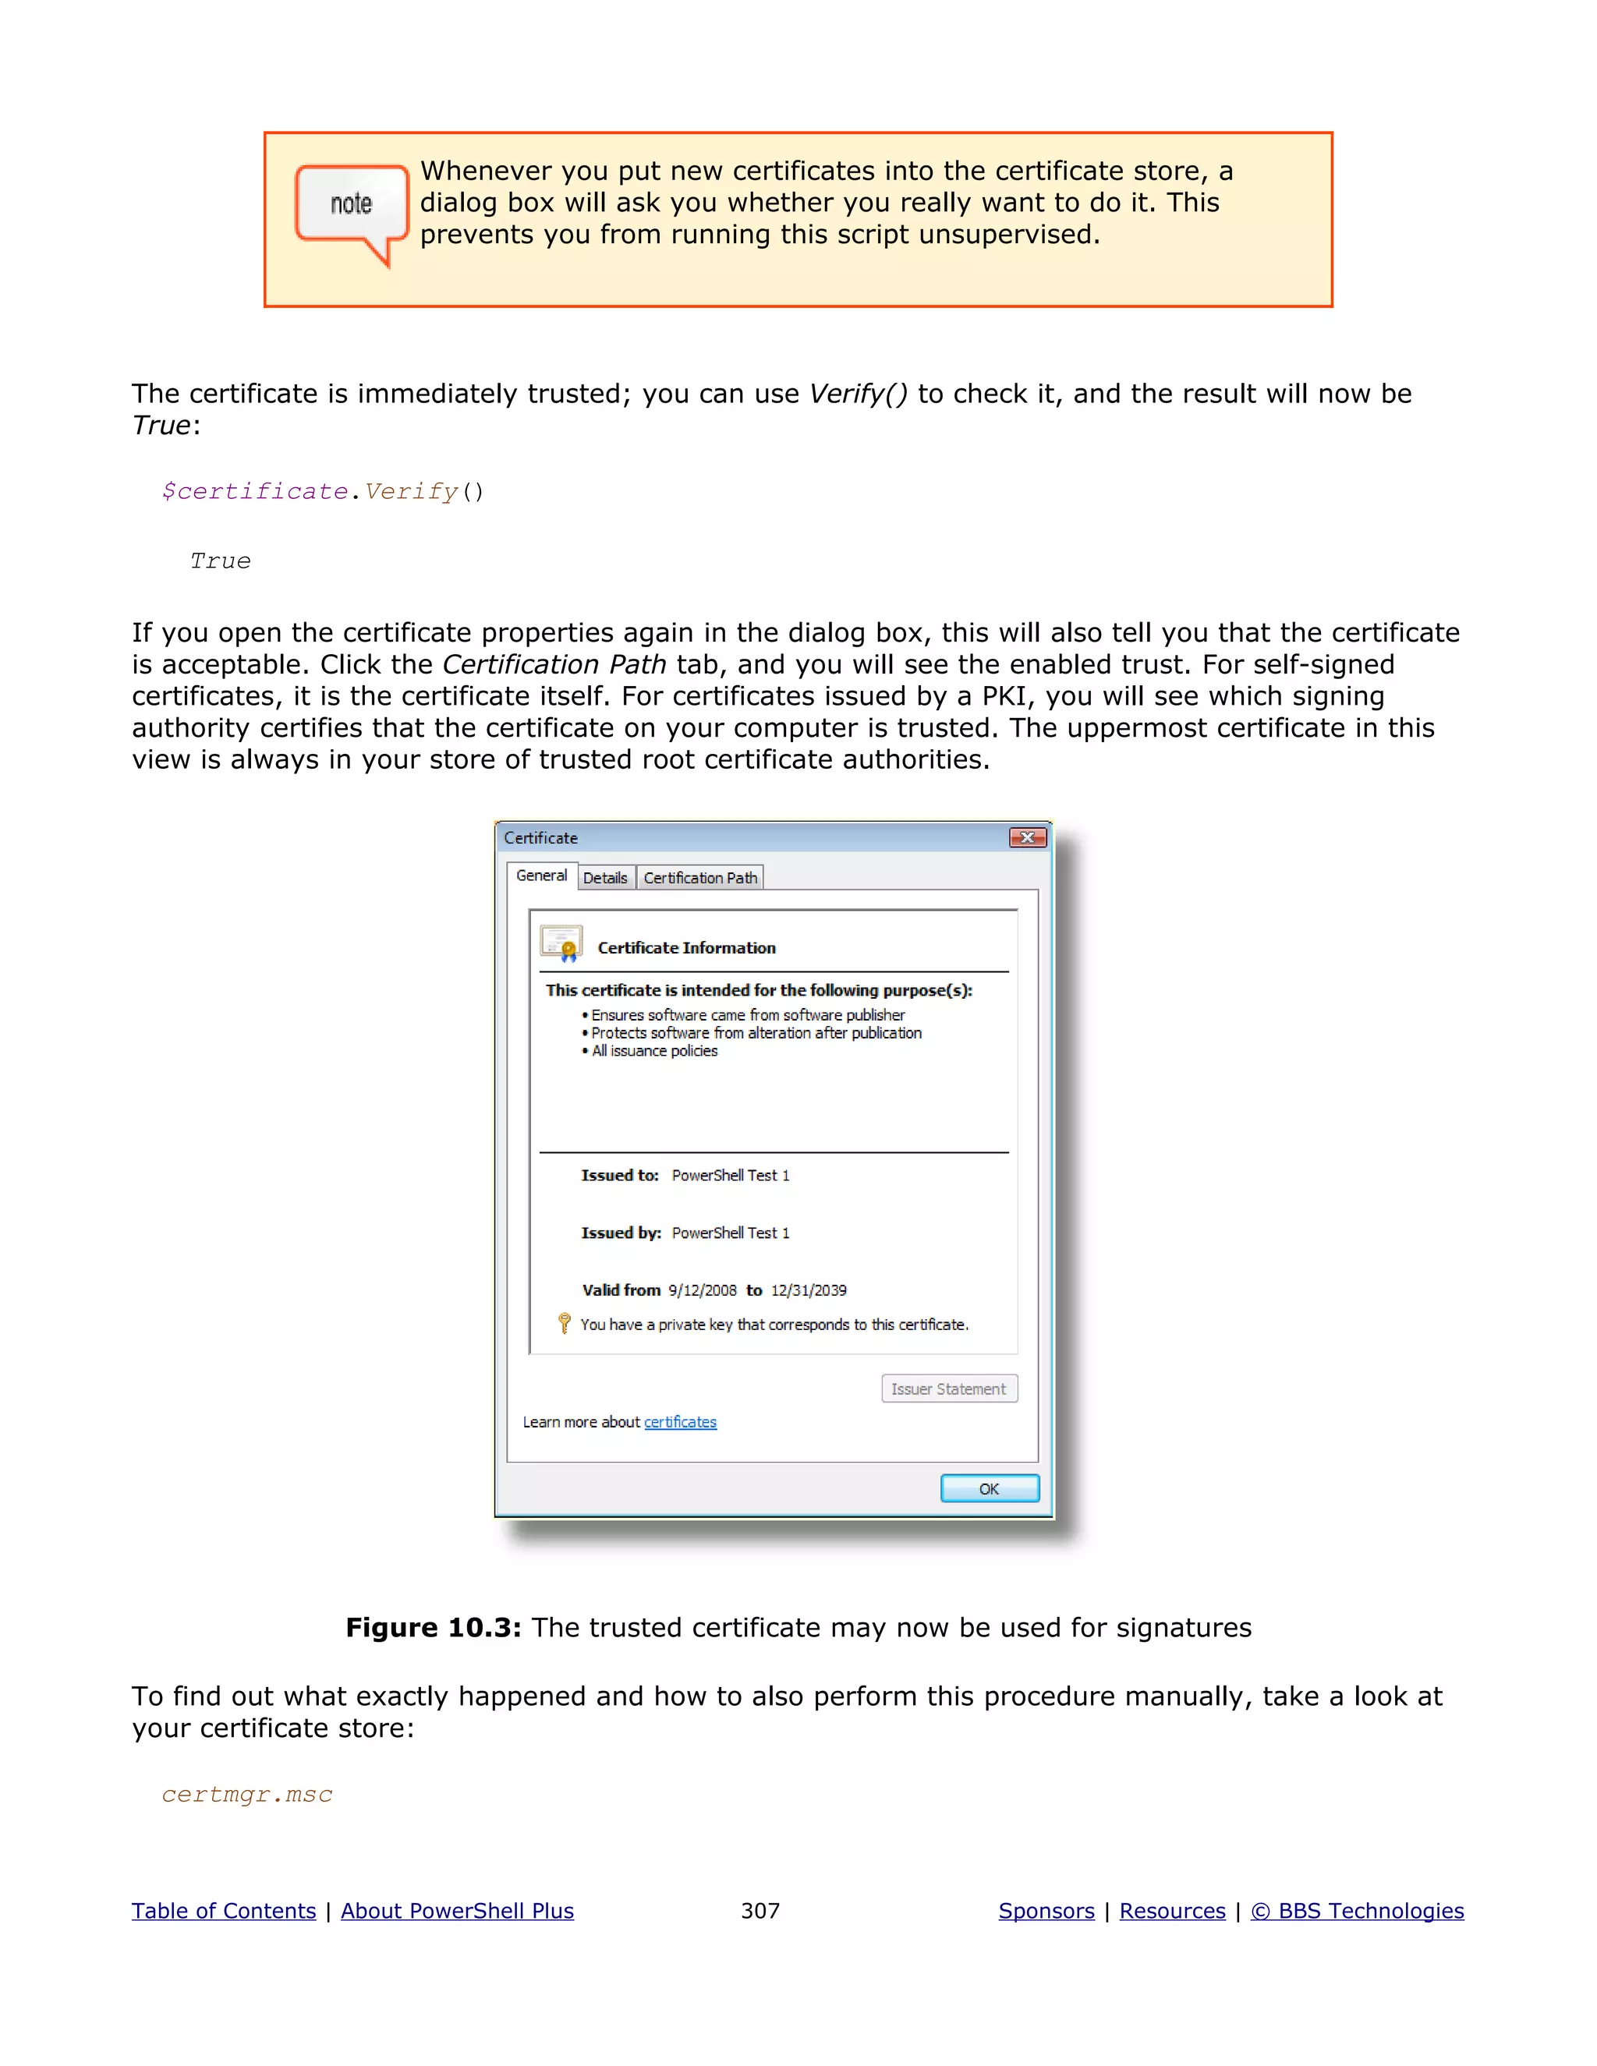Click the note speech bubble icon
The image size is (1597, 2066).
(x=351, y=208)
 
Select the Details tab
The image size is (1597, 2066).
(x=604, y=878)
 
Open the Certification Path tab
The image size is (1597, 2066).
(x=700, y=878)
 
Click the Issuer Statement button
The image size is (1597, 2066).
(x=949, y=1389)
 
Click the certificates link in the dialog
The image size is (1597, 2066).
(x=680, y=1422)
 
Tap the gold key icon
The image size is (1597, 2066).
(x=565, y=1322)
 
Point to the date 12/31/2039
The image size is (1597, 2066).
(x=808, y=1290)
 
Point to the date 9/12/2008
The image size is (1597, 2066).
(x=702, y=1290)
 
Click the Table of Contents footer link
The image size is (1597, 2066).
(x=223, y=1911)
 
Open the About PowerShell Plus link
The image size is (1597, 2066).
(x=457, y=1911)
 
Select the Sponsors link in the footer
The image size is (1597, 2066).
(x=1046, y=1911)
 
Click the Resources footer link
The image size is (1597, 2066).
(x=1172, y=1911)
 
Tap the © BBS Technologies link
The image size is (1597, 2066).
(x=1357, y=1911)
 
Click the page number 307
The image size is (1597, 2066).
(x=760, y=1911)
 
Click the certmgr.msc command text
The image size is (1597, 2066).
(x=247, y=1795)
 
